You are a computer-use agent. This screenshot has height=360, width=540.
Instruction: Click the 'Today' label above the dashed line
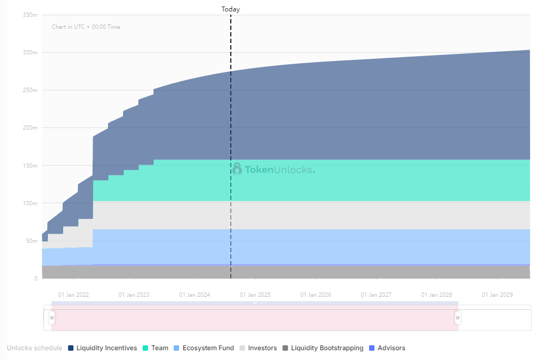(x=230, y=9)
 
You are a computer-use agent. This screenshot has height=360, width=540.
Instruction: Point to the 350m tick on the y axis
(x=30, y=15)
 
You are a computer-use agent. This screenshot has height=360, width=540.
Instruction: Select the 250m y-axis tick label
(x=30, y=90)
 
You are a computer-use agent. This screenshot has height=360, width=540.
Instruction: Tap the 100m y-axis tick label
(x=30, y=203)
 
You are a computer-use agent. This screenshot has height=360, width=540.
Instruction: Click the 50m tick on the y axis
(x=32, y=241)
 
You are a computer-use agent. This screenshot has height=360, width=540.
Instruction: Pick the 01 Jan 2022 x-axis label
(x=73, y=295)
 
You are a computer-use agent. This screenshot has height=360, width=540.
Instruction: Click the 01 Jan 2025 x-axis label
(x=255, y=295)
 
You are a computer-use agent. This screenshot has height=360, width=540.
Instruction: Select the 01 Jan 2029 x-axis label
(x=497, y=295)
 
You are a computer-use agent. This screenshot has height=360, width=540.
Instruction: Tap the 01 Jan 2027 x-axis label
(x=376, y=295)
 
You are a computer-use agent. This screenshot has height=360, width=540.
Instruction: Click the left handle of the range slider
(x=52, y=318)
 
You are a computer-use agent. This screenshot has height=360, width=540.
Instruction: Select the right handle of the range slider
(x=458, y=318)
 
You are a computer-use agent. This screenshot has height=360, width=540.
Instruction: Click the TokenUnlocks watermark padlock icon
(x=237, y=169)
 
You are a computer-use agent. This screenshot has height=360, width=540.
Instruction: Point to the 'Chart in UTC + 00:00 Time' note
(x=86, y=27)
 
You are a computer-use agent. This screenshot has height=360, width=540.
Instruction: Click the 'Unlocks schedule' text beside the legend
(x=34, y=348)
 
